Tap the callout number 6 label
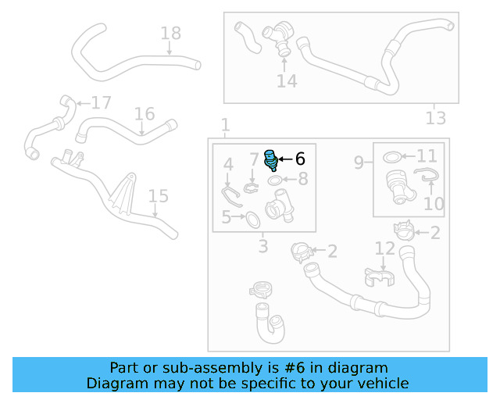pyautogui.click(x=299, y=159)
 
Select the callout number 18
pyautogui.click(x=170, y=33)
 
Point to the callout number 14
pyautogui.click(x=287, y=80)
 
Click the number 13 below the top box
pyautogui.click(x=435, y=118)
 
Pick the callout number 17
pyautogui.click(x=102, y=103)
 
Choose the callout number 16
pyautogui.click(x=145, y=115)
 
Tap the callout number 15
pyautogui.click(x=158, y=195)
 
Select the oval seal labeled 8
pyautogui.click(x=277, y=181)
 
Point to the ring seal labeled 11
pyautogui.click(x=393, y=158)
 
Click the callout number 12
pyautogui.click(x=384, y=248)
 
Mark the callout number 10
pyautogui.click(x=434, y=204)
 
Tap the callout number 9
pyautogui.click(x=359, y=162)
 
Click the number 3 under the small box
pyautogui.click(x=263, y=247)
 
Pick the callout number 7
pyautogui.click(x=254, y=160)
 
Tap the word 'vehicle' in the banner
pyautogui.click(x=380, y=383)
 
